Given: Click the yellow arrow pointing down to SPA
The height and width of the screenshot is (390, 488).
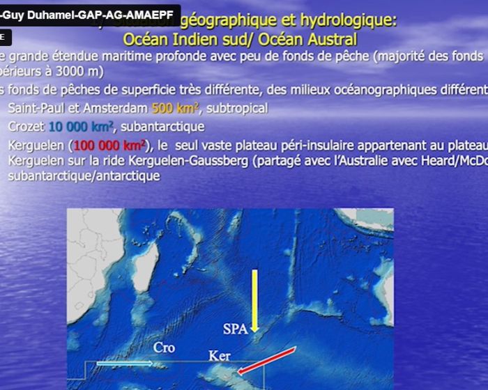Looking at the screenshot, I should (255, 299).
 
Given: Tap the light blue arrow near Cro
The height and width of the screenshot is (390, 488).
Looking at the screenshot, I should (124, 363).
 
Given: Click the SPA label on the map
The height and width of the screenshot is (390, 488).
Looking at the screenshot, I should (235, 329).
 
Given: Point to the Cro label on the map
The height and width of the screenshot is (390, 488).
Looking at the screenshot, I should (164, 348).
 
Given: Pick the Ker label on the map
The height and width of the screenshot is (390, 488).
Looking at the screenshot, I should (220, 356).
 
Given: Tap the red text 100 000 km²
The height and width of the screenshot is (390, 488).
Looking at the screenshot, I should (109, 146).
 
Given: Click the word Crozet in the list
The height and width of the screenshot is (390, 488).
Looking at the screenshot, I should (26, 126).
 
